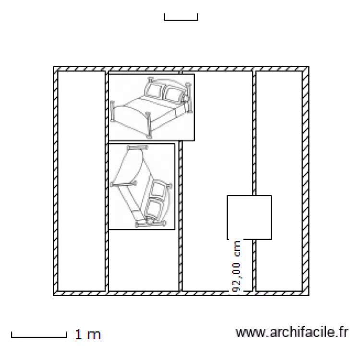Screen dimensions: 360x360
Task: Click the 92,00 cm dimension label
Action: point(236,266)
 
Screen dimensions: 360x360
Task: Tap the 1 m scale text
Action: point(88,335)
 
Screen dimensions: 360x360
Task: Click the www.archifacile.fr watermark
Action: point(292,332)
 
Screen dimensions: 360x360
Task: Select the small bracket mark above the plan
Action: point(181,20)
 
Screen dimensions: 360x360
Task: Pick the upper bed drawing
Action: point(151,107)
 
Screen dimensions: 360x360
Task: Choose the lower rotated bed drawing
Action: point(142,186)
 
